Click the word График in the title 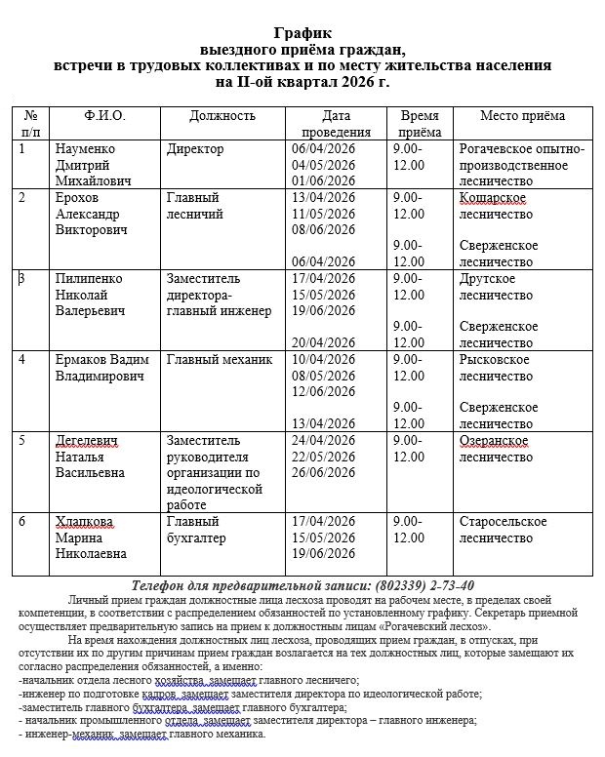(x=302, y=33)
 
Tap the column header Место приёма (x=522, y=116)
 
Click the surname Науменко (x=86, y=149)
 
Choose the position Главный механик (x=220, y=360)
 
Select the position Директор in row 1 (x=195, y=149)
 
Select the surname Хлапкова (x=85, y=522)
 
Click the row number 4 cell (x=30, y=360)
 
